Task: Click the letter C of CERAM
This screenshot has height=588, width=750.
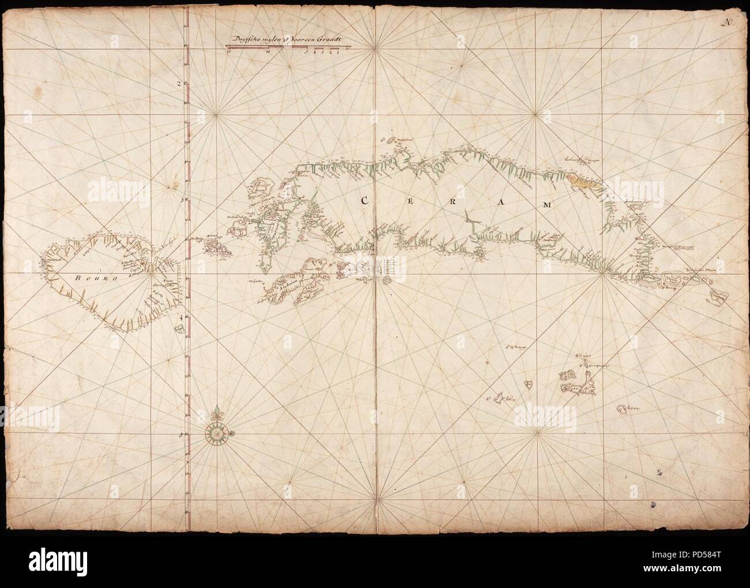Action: coord(365,201)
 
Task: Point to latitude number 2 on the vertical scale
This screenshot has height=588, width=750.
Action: coord(179,83)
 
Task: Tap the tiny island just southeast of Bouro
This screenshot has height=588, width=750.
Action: coord(179,329)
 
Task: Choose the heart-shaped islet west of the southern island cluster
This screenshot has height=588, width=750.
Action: coord(528,383)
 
